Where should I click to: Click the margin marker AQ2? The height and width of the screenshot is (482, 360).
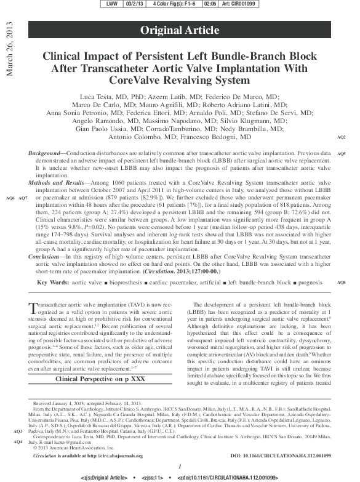point(342,137)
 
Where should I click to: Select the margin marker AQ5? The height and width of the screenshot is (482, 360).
point(342,153)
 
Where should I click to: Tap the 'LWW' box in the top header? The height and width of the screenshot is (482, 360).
point(113,4)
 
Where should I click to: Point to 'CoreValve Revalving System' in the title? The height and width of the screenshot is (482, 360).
point(179,81)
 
